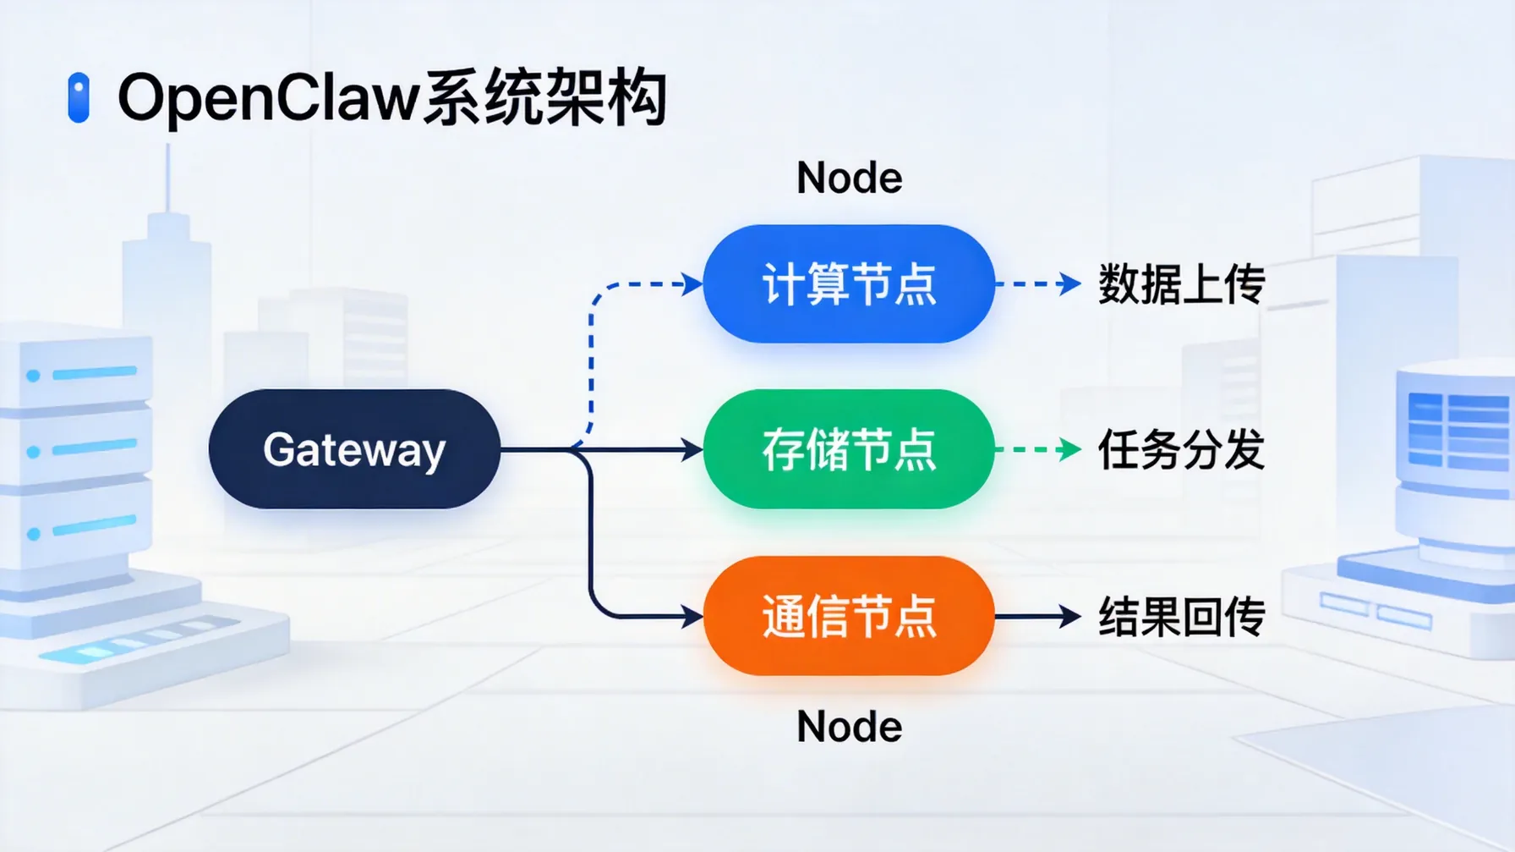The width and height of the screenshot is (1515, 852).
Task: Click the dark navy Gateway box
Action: coord(354,449)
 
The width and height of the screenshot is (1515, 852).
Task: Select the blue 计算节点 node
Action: coord(849,284)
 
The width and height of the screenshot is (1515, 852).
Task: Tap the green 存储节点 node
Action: coord(849,449)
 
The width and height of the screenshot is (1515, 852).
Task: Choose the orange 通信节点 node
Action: coord(849,616)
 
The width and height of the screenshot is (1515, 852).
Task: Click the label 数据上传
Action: coord(1181,284)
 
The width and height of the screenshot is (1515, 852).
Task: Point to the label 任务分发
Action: coord(1181,449)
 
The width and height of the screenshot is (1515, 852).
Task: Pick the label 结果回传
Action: coord(1181,617)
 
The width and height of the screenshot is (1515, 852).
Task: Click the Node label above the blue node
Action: coord(849,179)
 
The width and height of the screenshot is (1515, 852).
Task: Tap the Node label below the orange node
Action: coord(849,727)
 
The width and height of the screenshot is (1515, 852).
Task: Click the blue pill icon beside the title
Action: coord(79,98)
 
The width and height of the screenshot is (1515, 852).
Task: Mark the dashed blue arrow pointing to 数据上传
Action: coord(1038,284)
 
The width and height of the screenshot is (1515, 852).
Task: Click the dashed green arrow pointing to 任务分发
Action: coord(1038,449)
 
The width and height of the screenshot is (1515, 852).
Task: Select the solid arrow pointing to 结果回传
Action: coord(1038,617)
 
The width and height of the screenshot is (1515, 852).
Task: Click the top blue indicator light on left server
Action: coord(33,376)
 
